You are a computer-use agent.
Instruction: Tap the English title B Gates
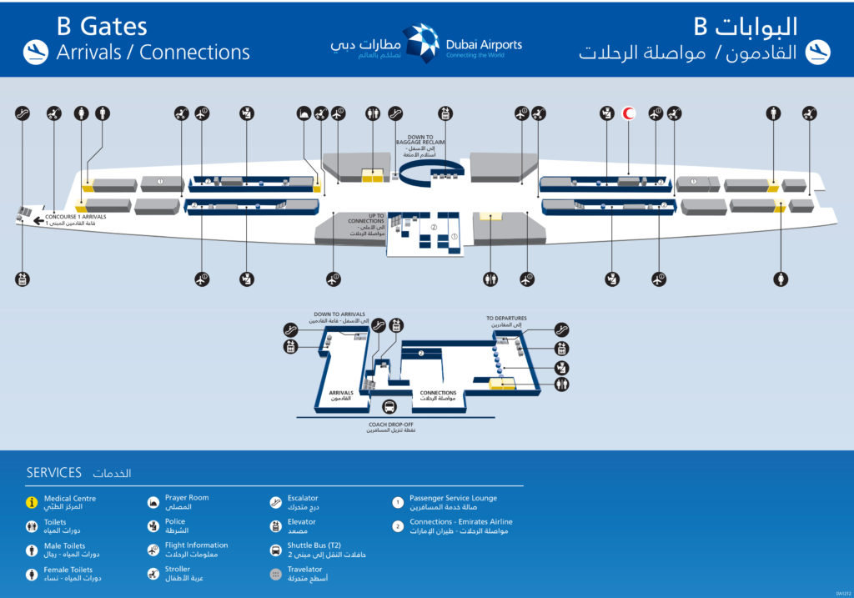102,27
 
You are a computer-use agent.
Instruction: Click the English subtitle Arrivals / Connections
153,52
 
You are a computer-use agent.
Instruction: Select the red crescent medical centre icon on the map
630,113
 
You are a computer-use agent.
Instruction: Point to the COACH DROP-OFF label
389,425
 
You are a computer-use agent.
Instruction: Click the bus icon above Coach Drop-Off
389,407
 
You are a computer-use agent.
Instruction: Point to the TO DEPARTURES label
507,318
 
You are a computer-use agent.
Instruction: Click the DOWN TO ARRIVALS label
339,314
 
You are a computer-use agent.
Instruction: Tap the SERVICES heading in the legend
54,473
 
